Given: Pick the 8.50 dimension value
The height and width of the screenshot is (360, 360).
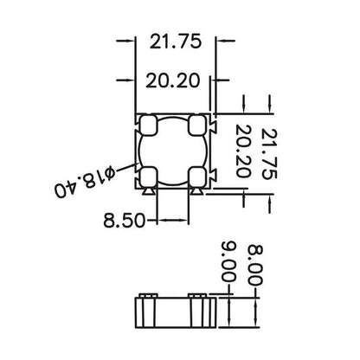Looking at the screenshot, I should click(123, 220).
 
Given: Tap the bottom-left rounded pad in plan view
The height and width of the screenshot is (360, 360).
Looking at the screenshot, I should click(148, 177).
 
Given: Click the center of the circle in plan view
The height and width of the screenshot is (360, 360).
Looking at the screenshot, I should click(175, 151).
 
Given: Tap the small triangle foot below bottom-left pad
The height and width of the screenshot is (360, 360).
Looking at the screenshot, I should click(150, 194).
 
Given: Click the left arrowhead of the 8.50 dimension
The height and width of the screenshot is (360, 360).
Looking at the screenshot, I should click(154, 219).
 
